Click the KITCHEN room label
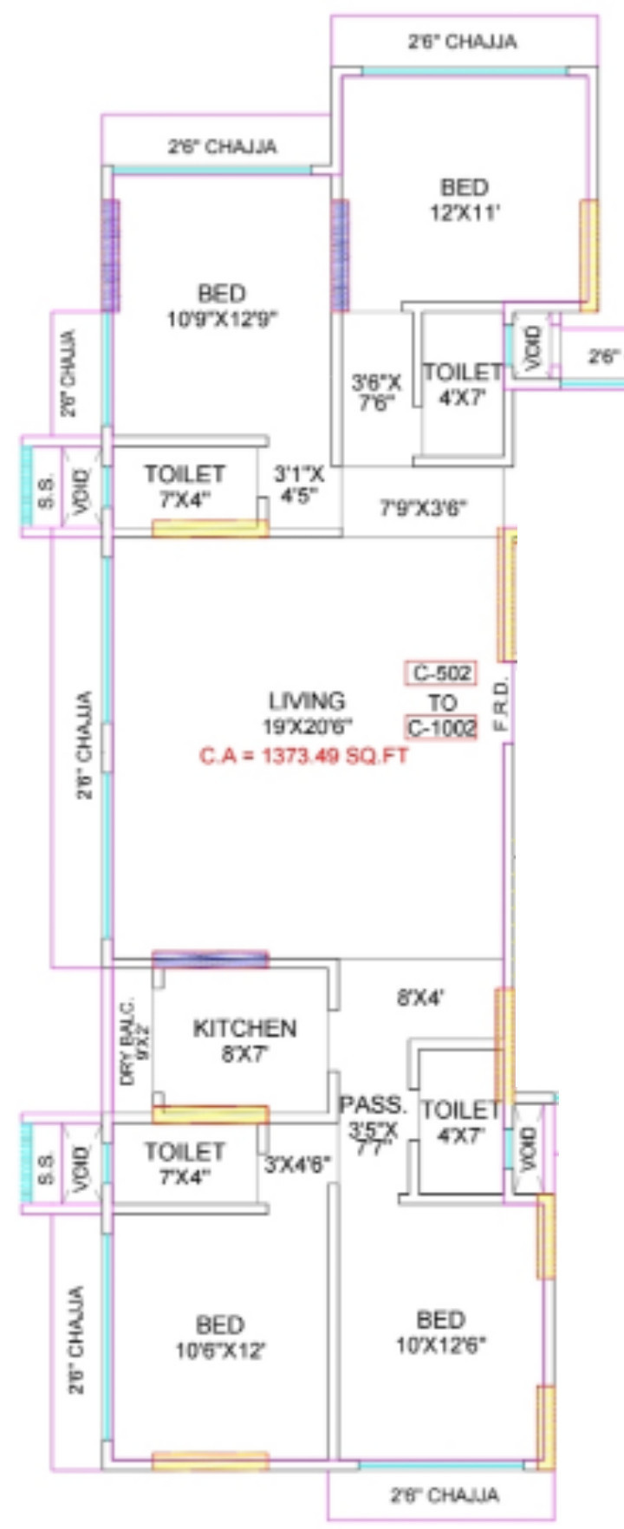(244, 1029)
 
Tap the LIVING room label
(307, 700)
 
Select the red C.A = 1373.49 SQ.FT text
(303, 756)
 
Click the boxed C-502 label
(441, 673)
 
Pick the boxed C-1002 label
(441, 727)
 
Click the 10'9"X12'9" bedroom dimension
(222, 318)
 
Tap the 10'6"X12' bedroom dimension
(219, 1350)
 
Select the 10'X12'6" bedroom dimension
(440, 1345)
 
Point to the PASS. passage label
(372, 1105)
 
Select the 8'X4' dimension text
(420, 998)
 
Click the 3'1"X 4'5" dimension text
(299, 485)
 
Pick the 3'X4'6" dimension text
(297, 1164)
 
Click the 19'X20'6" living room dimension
(308, 726)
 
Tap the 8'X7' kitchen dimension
(244, 1055)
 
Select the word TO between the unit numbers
(441, 700)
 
